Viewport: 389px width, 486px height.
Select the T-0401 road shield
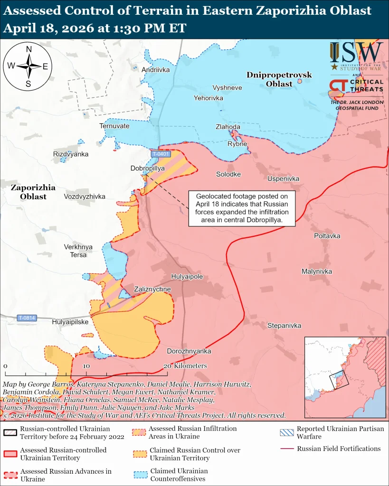(161, 154)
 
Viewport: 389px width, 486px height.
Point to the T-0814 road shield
(27, 318)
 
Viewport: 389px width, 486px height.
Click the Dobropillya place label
(147, 168)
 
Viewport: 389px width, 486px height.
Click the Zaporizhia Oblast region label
(33, 192)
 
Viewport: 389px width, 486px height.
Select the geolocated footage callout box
(242, 208)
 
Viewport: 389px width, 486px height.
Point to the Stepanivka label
(284, 326)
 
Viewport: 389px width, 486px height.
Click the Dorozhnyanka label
(189, 351)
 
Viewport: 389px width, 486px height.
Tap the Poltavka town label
(327, 236)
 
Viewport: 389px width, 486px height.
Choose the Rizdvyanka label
(71, 154)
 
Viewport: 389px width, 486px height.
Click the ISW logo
(357, 56)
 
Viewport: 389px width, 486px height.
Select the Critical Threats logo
(356, 86)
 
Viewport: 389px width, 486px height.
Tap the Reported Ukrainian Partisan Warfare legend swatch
(286, 432)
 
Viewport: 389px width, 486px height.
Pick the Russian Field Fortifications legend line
(286, 449)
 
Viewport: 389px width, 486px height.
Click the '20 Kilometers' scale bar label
(185, 366)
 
